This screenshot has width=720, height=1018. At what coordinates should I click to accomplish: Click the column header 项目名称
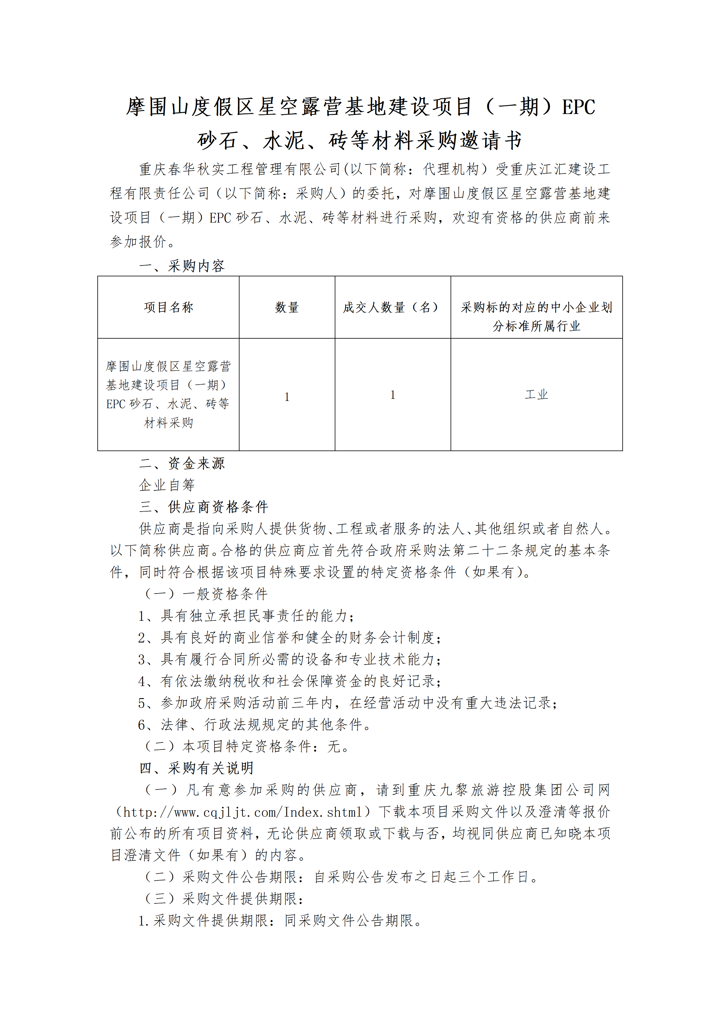[x=168, y=307]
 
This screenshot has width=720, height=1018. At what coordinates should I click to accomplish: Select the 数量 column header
[x=287, y=307]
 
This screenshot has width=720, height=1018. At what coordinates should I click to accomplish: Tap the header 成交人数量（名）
[x=393, y=307]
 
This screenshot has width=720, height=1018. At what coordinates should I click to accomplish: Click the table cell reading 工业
[x=536, y=394]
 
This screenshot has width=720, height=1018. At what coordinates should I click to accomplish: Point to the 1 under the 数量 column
[x=287, y=397]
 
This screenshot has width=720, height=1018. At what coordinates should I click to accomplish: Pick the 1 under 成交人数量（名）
[x=393, y=395]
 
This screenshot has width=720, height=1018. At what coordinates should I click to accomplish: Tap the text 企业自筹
[x=167, y=485]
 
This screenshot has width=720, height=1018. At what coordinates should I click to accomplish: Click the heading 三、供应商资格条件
[x=204, y=507]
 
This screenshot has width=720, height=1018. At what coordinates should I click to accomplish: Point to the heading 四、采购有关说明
[x=196, y=768]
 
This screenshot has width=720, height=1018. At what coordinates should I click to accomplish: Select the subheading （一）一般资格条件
[x=207, y=594]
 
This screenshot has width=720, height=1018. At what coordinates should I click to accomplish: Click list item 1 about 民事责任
[x=246, y=616]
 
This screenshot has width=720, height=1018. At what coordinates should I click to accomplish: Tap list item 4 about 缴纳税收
[x=289, y=681]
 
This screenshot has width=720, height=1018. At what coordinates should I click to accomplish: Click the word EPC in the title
[x=578, y=107]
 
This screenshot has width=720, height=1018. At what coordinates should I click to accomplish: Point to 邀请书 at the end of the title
[x=491, y=141]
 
